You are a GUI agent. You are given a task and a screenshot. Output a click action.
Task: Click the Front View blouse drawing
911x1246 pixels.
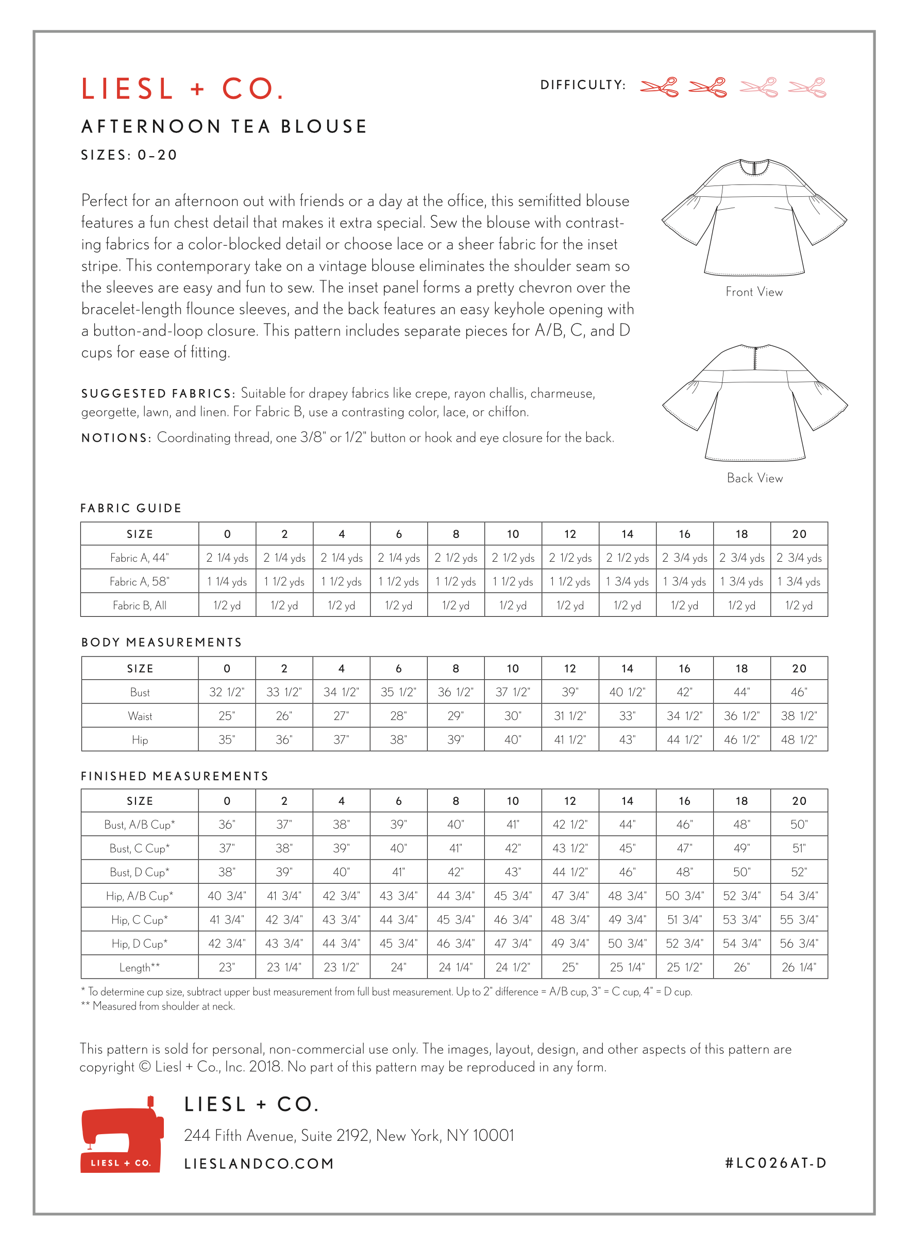(754, 218)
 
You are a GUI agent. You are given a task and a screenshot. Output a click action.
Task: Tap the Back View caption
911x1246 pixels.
(754, 478)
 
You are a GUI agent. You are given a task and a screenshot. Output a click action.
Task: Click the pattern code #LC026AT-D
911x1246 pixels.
(775, 1163)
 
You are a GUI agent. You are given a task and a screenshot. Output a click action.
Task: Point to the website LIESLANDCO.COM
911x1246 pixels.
(259, 1164)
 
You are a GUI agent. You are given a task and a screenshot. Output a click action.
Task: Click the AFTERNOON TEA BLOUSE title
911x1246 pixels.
(225, 127)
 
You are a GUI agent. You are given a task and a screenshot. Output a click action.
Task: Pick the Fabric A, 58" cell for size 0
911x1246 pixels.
(227, 582)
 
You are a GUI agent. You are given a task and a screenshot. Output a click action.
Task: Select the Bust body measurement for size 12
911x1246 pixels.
(570, 692)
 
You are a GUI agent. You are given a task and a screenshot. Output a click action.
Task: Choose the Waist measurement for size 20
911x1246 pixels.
(799, 716)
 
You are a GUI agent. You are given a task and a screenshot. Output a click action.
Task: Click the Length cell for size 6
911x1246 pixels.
(398, 967)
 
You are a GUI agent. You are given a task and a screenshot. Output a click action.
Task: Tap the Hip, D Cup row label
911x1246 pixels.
(140, 944)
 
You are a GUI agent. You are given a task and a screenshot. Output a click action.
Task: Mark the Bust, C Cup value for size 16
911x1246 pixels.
(684, 848)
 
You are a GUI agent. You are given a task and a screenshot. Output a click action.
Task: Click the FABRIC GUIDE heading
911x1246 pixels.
(131, 508)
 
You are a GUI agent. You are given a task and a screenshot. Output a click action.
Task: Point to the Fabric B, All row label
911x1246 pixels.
(140, 605)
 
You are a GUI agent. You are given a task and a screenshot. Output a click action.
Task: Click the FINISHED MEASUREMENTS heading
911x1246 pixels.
(174, 776)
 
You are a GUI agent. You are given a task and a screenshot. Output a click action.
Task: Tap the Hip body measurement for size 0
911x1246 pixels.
(227, 739)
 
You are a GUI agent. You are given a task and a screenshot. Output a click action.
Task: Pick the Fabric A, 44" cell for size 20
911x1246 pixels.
(799, 558)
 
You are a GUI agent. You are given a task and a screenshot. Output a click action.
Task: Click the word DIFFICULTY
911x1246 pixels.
(582, 85)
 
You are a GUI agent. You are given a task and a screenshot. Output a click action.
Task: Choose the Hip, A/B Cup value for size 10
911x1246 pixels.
(512, 896)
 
